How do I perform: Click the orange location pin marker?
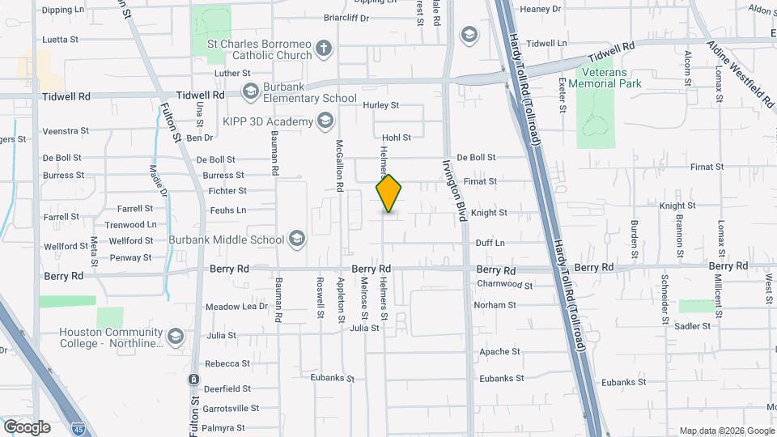[x=389, y=194]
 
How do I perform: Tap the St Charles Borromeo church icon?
[x=324, y=48]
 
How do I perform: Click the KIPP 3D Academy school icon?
[x=325, y=121]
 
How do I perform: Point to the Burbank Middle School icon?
[x=297, y=239]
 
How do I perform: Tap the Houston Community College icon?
[x=175, y=335]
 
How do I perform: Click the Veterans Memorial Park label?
[x=605, y=78]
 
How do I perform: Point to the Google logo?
[x=27, y=426]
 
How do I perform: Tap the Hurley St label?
[x=381, y=105]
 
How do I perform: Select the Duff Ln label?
[x=490, y=243]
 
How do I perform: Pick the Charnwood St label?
[x=505, y=285]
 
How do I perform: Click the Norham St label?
[x=495, y=305]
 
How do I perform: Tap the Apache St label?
[x=499, y=352]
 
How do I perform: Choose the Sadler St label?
[x=691, y=325]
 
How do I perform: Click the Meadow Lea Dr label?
[x=236, y=307]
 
